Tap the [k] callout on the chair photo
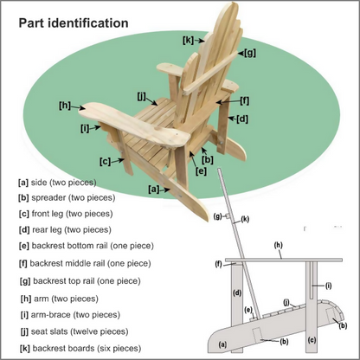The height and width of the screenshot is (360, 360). (x=188, y=40)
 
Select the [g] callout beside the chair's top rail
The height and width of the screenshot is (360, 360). (x=249, y=53)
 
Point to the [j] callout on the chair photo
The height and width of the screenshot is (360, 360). (x=141, y=95)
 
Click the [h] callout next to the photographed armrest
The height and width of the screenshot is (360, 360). (x=65, y=106)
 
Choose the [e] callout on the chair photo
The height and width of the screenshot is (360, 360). (x=201, y=171)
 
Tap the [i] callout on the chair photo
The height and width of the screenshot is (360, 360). (x=85, y=128)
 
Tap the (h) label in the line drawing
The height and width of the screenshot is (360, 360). (x=279, y=246)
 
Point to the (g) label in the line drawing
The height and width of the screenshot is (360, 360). (x=218, y=216)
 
